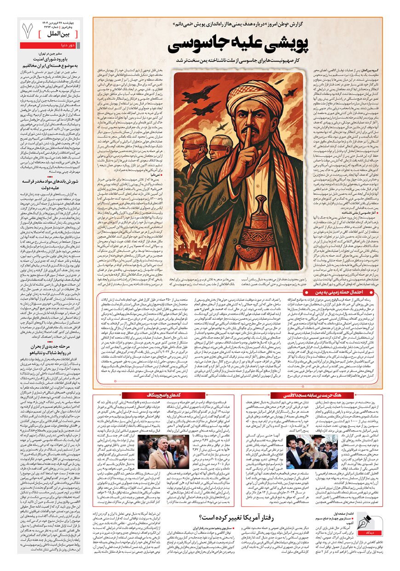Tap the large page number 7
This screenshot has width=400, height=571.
pyautogui.click(x=28, y=31)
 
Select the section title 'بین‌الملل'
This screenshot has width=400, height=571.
pyautogui.click(x=62, y=34)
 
